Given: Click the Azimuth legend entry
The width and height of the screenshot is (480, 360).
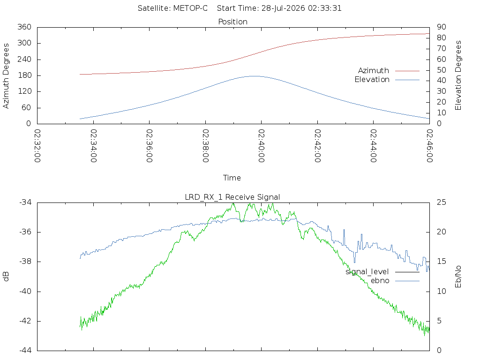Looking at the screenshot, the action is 389,71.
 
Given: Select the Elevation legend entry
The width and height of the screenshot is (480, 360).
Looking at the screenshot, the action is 387,80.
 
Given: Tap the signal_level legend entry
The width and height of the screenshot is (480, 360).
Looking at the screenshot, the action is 382,272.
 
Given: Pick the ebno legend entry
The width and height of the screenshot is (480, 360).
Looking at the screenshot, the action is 395,281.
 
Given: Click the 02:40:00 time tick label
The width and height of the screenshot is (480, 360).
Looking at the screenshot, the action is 262,146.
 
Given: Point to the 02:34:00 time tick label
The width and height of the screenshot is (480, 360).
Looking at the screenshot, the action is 94,146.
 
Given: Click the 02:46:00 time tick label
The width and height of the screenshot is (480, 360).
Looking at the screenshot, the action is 429,146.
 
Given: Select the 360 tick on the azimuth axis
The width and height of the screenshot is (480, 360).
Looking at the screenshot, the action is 24,27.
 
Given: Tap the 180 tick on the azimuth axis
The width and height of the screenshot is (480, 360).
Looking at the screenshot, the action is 24,75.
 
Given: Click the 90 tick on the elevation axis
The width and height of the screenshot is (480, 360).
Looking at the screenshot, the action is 442,27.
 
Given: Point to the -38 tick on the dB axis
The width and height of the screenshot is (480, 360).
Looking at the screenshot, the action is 25,262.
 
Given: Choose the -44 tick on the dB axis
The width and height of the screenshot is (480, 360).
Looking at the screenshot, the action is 25,351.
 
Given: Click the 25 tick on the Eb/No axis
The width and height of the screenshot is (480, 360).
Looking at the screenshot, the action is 442,202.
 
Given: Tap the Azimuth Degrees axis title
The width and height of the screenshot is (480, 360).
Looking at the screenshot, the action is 6,76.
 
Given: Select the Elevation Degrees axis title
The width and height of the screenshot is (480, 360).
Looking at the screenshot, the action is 458,75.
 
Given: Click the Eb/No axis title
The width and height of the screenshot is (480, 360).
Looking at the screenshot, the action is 458,277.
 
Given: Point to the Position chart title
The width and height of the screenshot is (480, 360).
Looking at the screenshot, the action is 232,22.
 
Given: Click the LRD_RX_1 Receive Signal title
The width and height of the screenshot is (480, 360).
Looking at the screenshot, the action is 232,197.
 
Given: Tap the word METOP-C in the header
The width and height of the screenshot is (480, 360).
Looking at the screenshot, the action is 190,8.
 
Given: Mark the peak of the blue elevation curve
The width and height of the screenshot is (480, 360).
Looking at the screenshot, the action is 255,76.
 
